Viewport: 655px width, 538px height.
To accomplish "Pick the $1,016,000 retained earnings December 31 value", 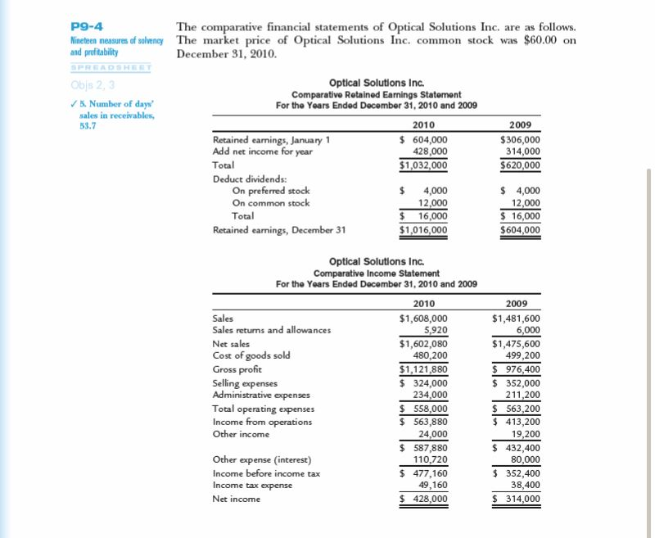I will click(423, 230).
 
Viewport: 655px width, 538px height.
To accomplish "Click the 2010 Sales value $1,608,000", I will click(423, 319).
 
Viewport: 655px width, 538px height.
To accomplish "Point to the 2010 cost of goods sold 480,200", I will click(428, 355).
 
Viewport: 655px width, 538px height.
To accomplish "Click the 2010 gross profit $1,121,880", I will click(423, 369).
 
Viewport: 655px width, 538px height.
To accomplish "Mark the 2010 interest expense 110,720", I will click(428, 459).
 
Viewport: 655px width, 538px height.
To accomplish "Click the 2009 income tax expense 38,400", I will click(524, 485).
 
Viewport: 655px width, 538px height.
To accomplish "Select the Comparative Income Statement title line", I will click(376, 273).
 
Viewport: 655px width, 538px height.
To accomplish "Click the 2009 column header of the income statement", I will click(521, 304).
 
